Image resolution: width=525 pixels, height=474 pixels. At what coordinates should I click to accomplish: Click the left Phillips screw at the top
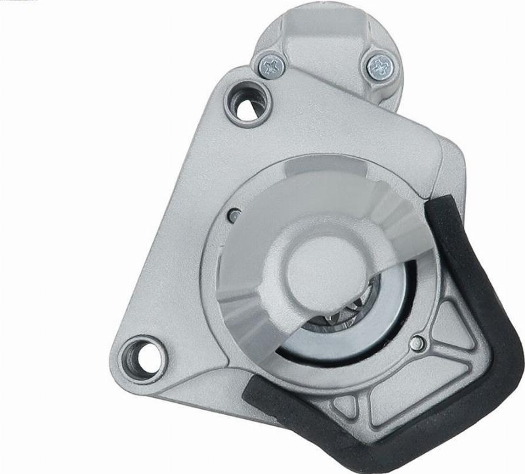[272, 65]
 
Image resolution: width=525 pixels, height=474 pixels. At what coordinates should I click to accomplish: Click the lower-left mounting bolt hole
[142, 353]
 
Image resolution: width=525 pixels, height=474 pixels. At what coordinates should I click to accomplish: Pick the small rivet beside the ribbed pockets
[417, 342]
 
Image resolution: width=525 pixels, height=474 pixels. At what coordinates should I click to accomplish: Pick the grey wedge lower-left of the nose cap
[249, 308]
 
